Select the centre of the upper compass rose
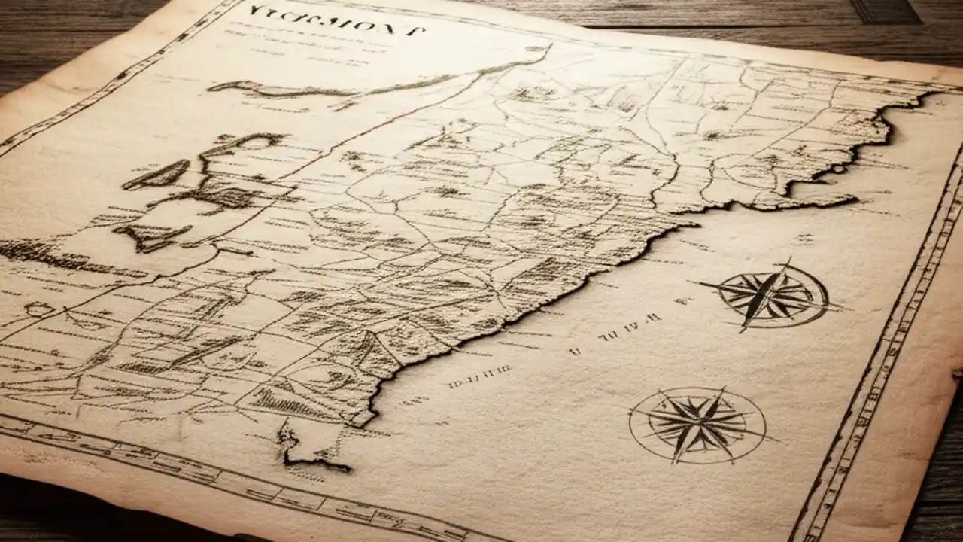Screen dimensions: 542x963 771,294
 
